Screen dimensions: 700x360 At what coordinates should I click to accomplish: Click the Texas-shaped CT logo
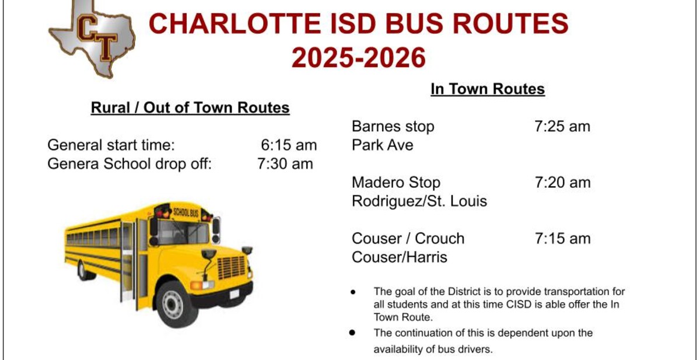tap(93, 39)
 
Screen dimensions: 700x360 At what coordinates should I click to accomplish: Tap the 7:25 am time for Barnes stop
tap(562, 127)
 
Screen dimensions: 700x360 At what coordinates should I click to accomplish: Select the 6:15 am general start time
tap(289, 145)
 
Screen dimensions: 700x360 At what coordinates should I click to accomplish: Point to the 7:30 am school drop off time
tap(285, 164)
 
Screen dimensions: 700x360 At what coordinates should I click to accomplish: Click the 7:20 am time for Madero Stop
tap(563, 183)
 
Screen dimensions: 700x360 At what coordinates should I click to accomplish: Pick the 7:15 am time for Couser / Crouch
tap(563, 239)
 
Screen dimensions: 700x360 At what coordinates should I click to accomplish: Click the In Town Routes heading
tap(488, 89)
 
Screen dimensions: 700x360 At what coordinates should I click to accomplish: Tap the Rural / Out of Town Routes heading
tap(190, 108)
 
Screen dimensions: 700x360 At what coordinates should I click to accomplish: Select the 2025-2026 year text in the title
tap(358, 58)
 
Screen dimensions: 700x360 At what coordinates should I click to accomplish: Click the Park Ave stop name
tap(383, 145)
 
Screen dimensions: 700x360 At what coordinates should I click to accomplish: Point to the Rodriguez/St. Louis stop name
tap(419, 201)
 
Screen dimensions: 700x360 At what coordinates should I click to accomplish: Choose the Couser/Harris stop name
tap(400, 257)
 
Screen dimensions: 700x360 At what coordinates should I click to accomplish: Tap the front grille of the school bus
tap(231, 267)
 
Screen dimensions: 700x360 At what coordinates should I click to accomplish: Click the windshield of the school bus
tap(183, 233)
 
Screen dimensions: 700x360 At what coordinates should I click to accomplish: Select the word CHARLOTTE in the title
tap(235, 24)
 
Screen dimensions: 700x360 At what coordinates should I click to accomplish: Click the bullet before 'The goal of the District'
tap(353, 292)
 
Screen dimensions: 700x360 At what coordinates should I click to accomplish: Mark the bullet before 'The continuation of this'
tap(352, 333)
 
